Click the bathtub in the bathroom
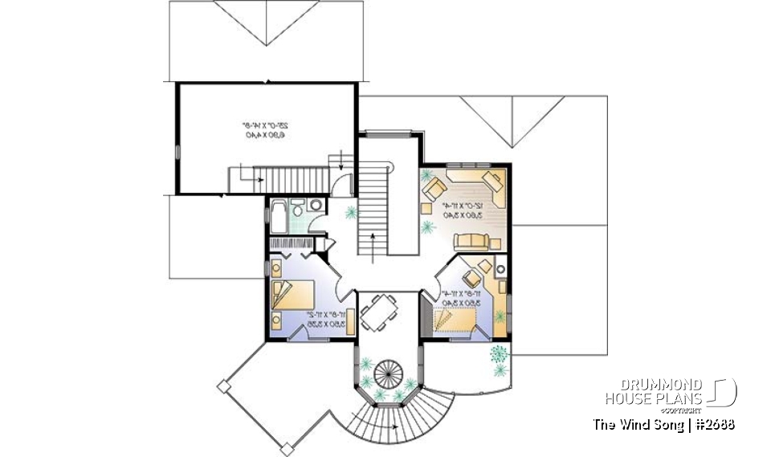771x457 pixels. coord(279,214)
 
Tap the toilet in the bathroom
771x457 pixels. coord(298,209)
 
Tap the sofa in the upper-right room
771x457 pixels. coord(472,242)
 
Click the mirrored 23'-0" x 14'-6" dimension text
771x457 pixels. coord(265,130)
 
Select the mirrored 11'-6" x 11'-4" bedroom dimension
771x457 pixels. coord(458,299)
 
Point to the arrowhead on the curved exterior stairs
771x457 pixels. coord(396,430)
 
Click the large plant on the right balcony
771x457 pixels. coord(500,354)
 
